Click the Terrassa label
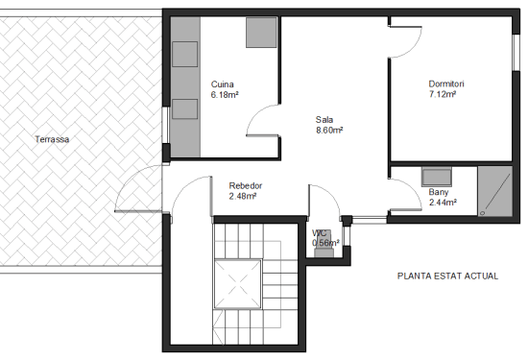click(x=52, y=139)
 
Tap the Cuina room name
click(x=223, y=84)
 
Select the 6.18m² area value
click(x=225, y=94)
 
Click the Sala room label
click(x=324, y=120)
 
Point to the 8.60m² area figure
click(x=329, y=130)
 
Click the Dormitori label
click(x=448, y=84)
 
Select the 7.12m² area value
click(x=443, y=94)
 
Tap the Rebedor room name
click(x=246, y=185)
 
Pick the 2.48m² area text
click(x=243, y=196)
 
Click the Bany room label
click(x=438, y=192)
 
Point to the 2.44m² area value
click(x=442, y=203)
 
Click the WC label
click(x=320, y=232)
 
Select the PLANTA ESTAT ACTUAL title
click(x=447, y=276)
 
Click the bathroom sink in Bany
click(x=438, y=176)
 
